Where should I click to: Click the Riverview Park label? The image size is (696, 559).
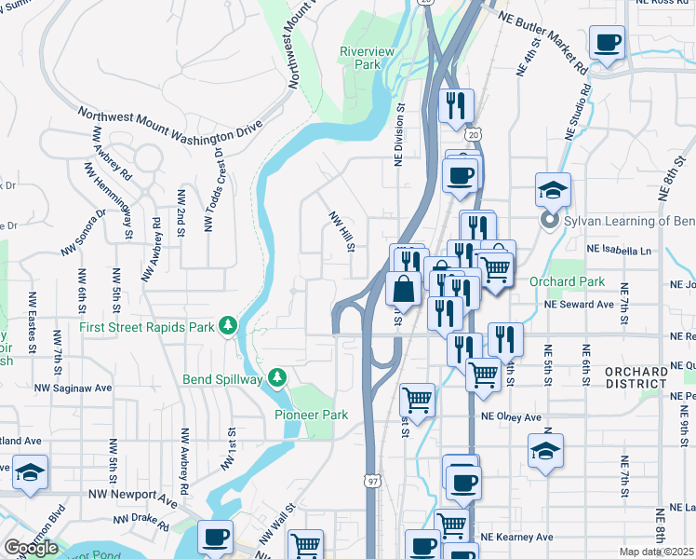(360, 58)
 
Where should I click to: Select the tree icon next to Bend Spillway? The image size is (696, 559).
(276, 376)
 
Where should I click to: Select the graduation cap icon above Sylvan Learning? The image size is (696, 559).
(553, 189)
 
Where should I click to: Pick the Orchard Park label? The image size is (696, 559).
(568, 281)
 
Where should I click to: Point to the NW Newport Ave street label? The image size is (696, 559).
(132, 498)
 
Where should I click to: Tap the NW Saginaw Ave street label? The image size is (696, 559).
(73, 388)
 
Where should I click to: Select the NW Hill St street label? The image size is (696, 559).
(341, 230)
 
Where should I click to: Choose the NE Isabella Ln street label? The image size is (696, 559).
(619, 251)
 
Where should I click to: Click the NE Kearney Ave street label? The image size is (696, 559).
(516, 537)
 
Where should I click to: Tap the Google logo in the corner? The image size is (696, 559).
(31, 548)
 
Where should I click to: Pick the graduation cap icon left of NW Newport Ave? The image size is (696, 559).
(30, 471)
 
